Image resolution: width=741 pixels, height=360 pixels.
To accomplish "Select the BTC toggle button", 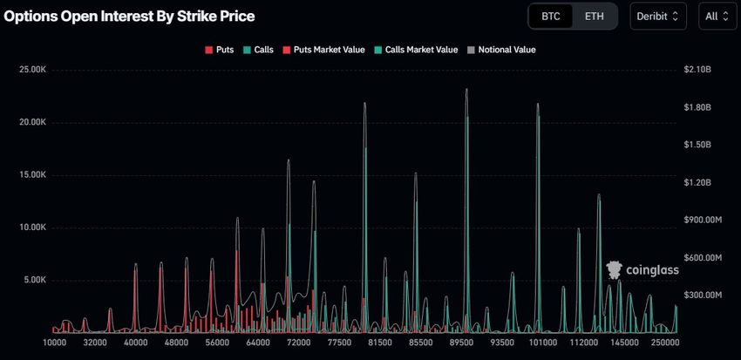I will click(551, 17).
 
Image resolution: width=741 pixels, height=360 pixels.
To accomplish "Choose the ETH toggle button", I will click(594, 17).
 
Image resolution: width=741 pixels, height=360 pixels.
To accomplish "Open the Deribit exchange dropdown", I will click(661, 17).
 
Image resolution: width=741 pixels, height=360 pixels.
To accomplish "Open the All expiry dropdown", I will click(718, 17).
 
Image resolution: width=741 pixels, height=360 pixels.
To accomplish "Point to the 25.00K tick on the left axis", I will click(37, 70).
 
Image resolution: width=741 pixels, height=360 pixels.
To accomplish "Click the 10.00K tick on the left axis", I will click(37, 228).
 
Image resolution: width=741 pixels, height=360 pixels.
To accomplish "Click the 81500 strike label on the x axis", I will click(379, 345).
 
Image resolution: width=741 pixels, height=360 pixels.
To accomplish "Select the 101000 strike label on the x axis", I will click(543, 345).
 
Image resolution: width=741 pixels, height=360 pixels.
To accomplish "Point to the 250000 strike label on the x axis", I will click(665, 345).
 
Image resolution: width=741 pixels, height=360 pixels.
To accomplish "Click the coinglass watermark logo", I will click(642, 270).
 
